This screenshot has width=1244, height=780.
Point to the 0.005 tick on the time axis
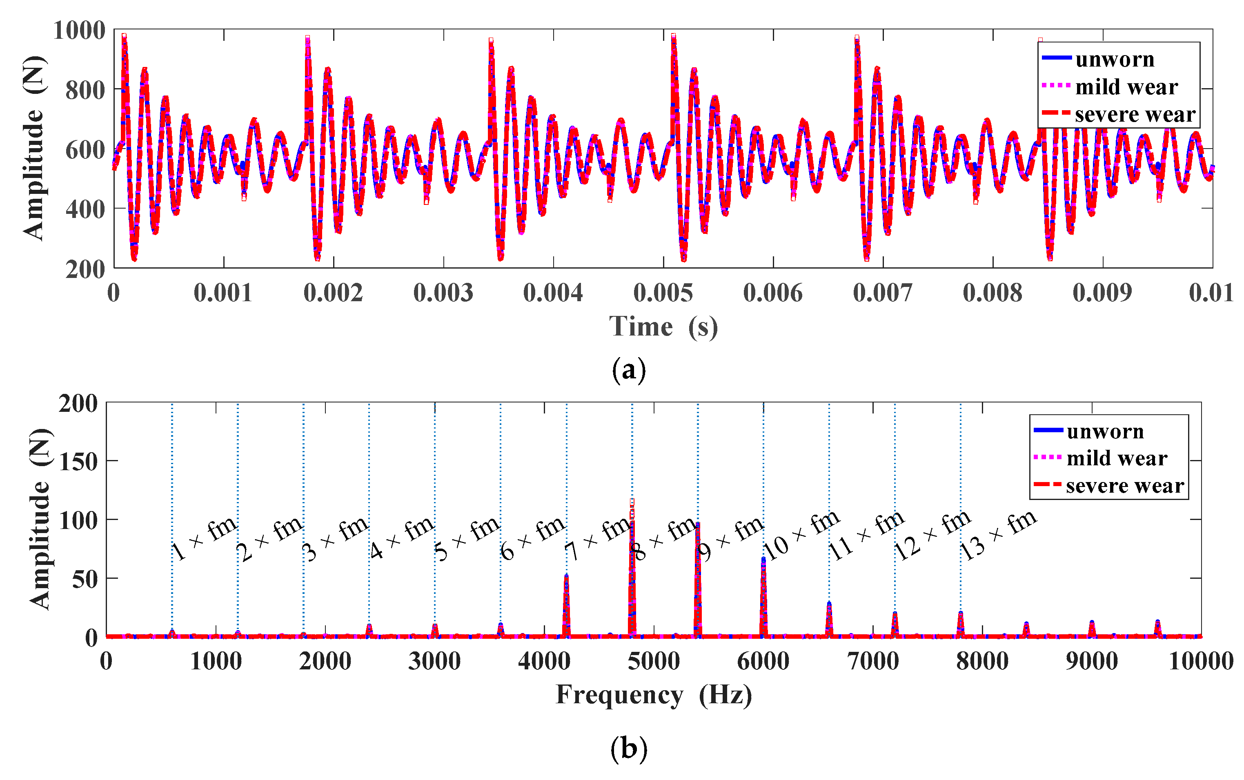coord(663,293)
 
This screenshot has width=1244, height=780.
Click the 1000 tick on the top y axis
coord(79,31)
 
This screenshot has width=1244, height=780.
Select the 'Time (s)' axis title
coord(663,327)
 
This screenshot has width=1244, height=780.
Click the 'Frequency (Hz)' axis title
coord(653,694)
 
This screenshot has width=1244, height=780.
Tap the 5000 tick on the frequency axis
coord(653,661)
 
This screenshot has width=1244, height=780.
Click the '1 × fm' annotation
coord(204,538)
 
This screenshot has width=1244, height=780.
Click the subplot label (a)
coord(628,370)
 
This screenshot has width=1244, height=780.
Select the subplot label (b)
coord(628,748)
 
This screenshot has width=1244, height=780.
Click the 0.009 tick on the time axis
coord(1102,293)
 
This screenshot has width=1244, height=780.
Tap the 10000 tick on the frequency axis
coord(1201,661)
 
